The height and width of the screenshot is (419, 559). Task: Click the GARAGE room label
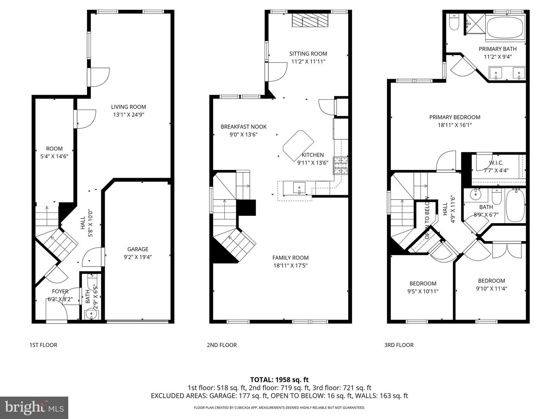click(138, 249)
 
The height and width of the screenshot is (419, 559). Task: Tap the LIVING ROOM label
click(128, 107)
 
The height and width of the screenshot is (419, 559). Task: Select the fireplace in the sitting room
click(310, 20)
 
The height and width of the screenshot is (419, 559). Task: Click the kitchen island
click(298, 145)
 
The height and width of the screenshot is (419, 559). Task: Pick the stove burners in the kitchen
click(340, 166)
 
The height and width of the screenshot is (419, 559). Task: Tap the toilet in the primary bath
click(454, 23)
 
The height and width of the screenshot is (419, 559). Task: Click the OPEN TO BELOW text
click(427, 218)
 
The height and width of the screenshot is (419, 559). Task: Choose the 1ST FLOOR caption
click(43, 345)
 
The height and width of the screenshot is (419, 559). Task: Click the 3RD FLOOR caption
click(399, 345)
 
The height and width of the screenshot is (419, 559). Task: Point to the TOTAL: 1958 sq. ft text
click(279, 380)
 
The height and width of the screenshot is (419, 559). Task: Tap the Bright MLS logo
click(34, 407)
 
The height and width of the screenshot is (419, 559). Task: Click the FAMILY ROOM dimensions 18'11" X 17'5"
click(290, 266)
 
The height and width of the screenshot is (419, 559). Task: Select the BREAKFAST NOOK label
click(243, 127)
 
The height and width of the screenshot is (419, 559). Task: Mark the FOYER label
click(60, 291)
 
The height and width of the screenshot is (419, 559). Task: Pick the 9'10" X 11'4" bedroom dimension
click(491, 289)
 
